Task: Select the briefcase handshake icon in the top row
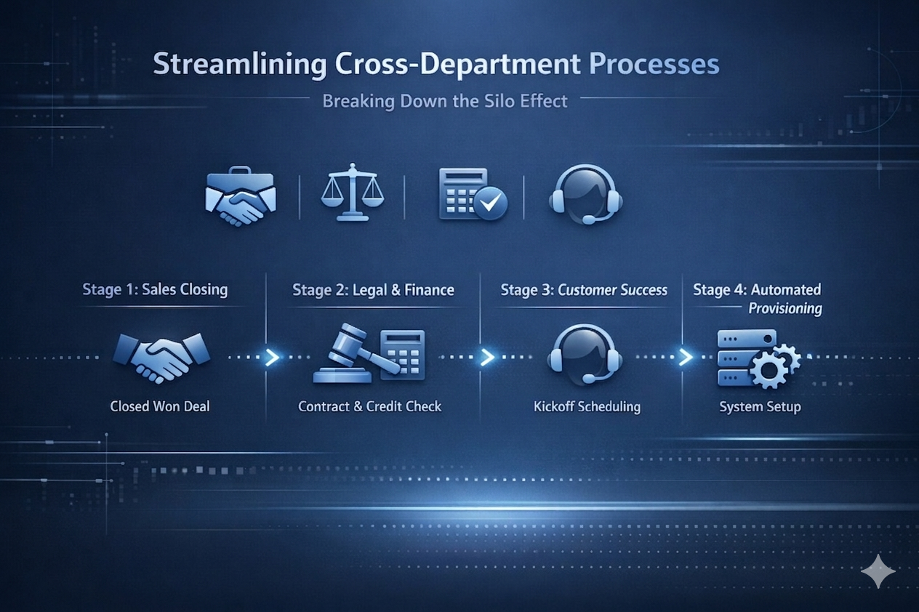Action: point(240,196)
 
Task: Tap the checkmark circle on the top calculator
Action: point(491,204)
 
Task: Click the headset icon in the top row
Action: point(585,193)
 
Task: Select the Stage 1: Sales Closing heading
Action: point(155,289)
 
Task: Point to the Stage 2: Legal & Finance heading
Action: point(373,290)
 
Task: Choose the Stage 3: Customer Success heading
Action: point(584,290)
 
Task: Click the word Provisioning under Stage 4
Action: point(785,309)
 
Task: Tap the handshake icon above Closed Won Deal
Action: point(161,357)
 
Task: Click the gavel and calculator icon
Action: point(369,356)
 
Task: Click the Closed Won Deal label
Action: point(160,406)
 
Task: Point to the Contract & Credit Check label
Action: point(369,406)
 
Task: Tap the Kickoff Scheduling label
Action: point(587,406)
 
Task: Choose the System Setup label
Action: point(760,406)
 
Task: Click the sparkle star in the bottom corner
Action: point(878,571)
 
